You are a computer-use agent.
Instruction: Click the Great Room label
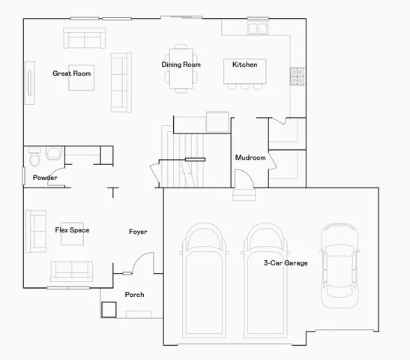71,73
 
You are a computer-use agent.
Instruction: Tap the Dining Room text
181,65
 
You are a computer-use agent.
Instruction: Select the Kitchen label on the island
244,65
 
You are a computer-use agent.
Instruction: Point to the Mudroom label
250,158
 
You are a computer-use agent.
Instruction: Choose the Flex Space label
72,230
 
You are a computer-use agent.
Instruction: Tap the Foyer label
138,232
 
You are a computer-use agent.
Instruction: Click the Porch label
134,295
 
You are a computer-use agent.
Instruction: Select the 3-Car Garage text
285,263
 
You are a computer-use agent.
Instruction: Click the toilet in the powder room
34,157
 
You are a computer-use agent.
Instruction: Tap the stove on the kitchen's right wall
297,75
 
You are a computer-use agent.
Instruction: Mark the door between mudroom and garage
244,181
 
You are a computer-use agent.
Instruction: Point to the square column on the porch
109,309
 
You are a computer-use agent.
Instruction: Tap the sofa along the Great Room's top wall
85,38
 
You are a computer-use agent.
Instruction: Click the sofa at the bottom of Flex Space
71,270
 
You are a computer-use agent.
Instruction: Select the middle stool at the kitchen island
244,85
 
